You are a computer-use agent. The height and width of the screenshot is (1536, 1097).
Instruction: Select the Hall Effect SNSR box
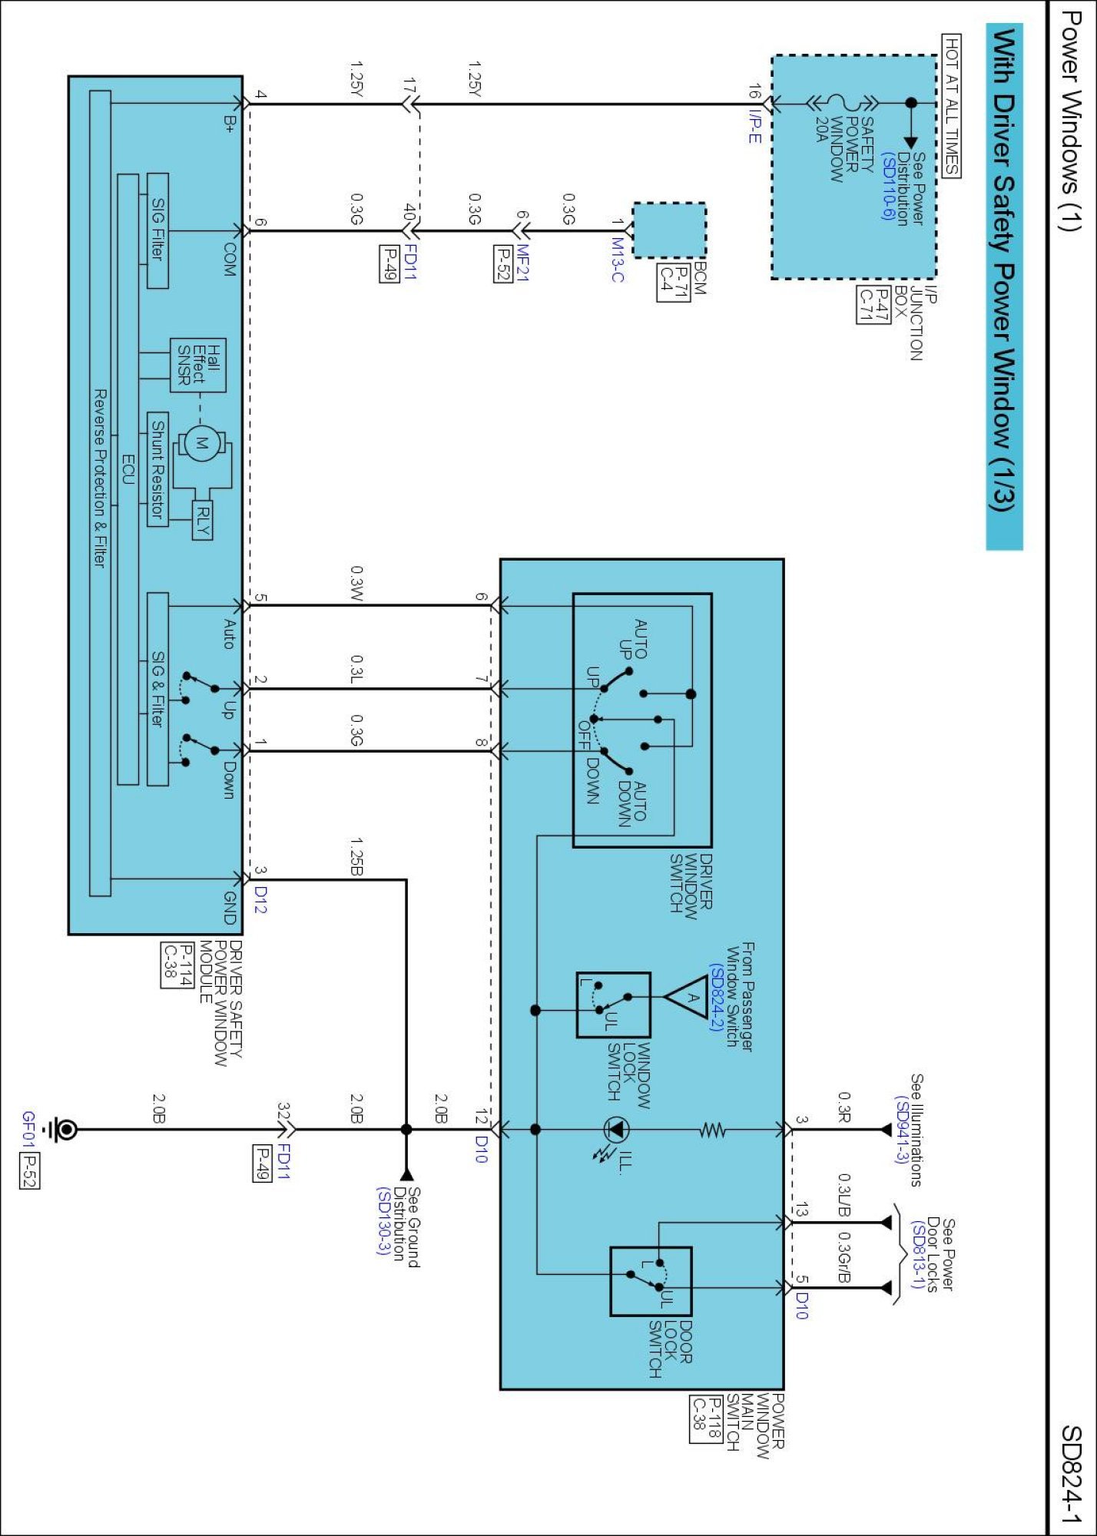click(197, 365)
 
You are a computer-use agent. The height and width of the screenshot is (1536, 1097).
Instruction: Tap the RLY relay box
click(202, 520)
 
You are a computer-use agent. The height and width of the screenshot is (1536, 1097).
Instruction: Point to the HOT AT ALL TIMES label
click(951, 105)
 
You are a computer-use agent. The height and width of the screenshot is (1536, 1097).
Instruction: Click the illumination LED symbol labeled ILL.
click(615, 1130)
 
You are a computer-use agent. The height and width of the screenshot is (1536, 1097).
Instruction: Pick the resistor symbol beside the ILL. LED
click(713, 1130)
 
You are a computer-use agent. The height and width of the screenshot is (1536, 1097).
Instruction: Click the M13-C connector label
click(617, 260)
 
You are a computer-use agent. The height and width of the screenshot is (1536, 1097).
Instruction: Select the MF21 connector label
click(522, 263)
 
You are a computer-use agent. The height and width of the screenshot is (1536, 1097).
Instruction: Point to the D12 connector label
click(260, 900)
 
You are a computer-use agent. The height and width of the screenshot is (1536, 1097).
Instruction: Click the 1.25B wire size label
click(356, 856)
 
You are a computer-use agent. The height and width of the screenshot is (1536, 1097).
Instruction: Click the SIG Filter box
click(157, 230)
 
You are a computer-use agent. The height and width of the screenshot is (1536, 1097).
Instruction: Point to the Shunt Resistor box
click(157, 468)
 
